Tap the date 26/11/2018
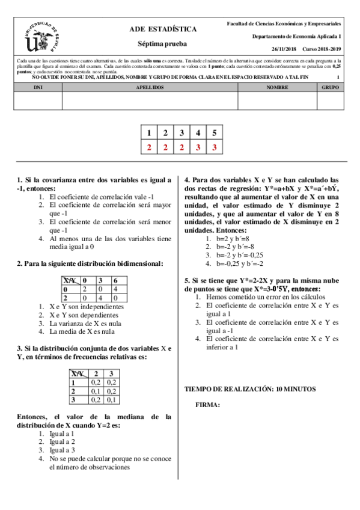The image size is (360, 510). coord(284,49)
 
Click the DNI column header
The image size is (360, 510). coord(38,87)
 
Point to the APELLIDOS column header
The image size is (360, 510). coord(150,87)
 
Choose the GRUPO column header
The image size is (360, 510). coord(331,87)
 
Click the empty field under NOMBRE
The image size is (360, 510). coord(277,100)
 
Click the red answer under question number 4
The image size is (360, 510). coord(197,147)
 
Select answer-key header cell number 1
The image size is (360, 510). coord(148,133)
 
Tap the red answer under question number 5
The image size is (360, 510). coord(213,147)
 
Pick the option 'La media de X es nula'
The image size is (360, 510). coord(79,330)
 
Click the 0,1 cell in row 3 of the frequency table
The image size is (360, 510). coord(111,399)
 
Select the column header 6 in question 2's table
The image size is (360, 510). coord(115,280)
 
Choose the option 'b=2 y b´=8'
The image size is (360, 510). coord(227,238)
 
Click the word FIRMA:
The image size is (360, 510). coord(208,405)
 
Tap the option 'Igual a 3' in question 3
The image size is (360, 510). coord(62,449)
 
